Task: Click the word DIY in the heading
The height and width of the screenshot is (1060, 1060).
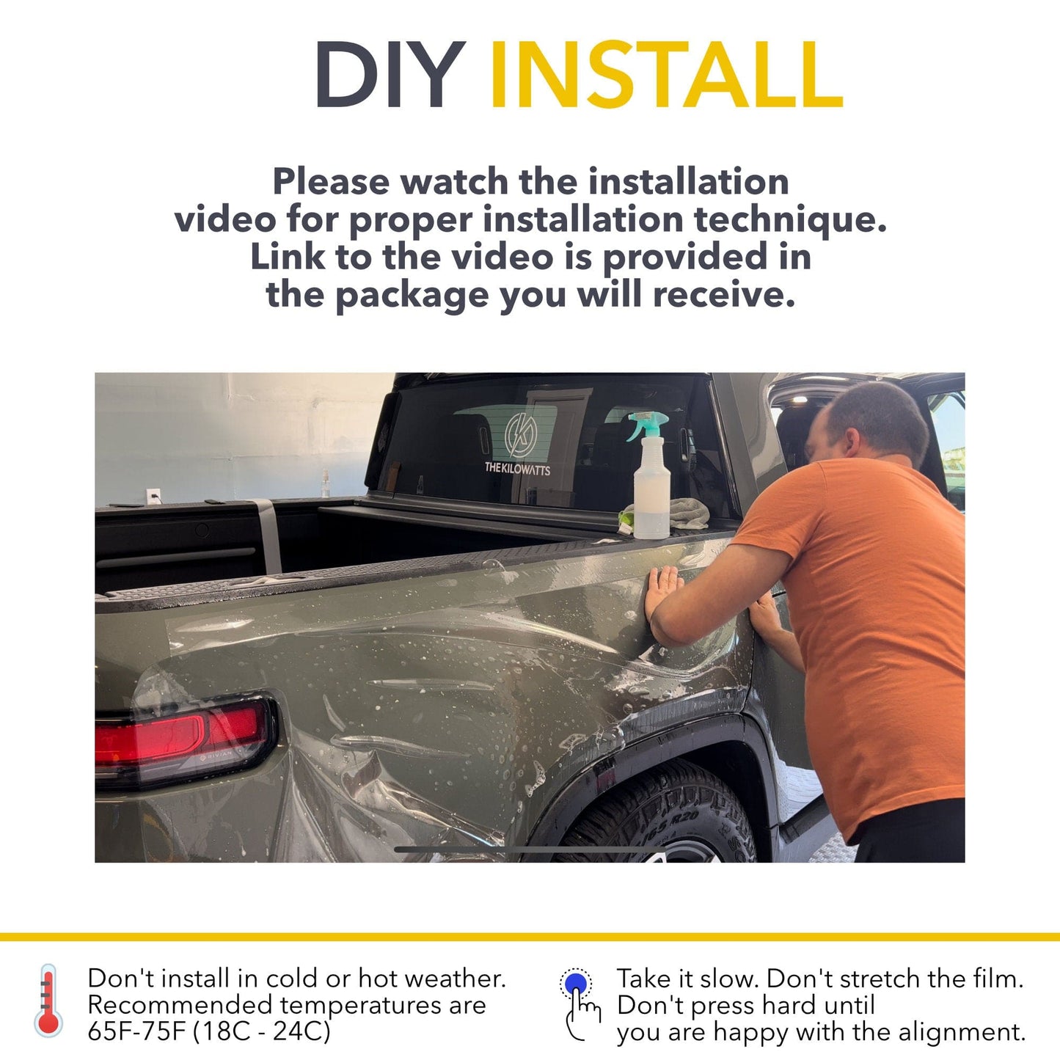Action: coord(390,75)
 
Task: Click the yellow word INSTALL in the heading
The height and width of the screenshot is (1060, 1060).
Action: coord(665,75)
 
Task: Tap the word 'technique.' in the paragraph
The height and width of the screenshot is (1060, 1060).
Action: coord(790,219)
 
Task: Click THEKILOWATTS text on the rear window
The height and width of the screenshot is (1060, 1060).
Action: coord(517,468)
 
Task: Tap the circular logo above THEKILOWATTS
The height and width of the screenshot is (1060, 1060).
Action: coord(520,435)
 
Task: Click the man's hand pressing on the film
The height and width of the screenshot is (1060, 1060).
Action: coord(662,590)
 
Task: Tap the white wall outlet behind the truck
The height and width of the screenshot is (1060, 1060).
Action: coord(153,496)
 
